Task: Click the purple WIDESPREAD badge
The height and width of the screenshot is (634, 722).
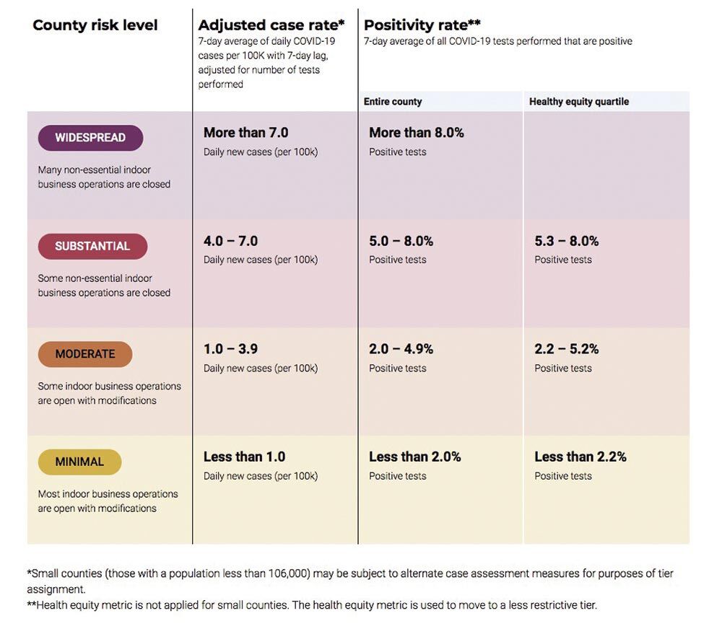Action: (90, 138)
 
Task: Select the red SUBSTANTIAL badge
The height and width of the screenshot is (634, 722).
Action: (92, 246)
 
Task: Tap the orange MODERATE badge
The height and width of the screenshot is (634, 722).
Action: (85, 354)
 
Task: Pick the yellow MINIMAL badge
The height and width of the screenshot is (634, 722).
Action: (79, 462)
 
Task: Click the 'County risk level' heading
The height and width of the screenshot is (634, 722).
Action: (95, 25)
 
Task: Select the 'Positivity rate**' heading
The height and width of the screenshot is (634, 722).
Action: (422, 25)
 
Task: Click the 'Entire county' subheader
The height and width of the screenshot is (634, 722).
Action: (393, 102)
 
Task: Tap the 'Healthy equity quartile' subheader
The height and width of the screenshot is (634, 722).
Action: (579, 102)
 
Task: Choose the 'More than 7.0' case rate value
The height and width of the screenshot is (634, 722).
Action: (245, 133)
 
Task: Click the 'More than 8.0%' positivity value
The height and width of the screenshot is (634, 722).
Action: (417, 133)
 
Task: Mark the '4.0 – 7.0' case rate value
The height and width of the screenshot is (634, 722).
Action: (230, 241)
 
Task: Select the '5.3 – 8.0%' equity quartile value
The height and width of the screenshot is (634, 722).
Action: (567, 241)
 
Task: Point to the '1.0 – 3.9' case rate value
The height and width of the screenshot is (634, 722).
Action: (230, 349)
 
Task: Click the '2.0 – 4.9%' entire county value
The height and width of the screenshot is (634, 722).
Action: (401, 349)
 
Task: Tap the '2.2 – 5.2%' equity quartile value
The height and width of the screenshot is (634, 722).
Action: (567, 349)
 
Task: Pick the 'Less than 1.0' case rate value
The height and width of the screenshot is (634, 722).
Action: (244, 457)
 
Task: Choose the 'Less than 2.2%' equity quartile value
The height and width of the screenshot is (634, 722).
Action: (580, 457)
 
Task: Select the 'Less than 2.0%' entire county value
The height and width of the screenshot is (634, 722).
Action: (415, 457)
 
